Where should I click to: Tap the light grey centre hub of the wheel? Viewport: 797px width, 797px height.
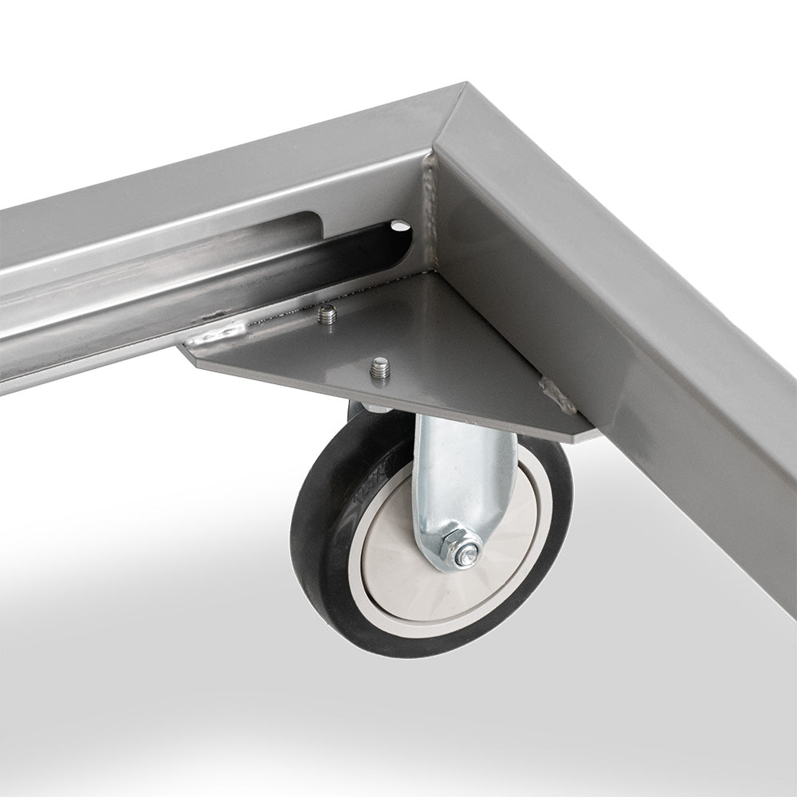coord(398,558)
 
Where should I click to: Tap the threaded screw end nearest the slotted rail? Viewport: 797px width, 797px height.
coord(325,315)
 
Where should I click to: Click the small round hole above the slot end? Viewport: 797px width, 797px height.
coord(397,227)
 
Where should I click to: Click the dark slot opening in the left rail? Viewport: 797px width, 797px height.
coord(319,239)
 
